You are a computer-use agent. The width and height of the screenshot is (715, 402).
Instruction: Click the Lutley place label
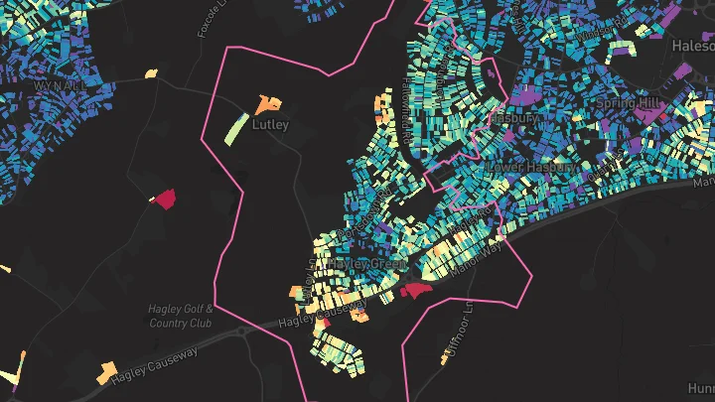click(x=270, y=125)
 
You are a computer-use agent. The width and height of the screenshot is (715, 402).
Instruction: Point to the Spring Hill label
click(x=629, y=103)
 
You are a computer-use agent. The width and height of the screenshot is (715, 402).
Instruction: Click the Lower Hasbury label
click(x=532, y=167)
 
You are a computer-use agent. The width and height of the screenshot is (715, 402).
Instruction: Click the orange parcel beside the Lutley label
click(x=266, y=103)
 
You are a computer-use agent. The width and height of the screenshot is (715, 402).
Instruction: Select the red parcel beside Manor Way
click(x=415, y=290)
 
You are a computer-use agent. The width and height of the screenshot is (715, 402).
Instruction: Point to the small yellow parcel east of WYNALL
click(x=151, y=72)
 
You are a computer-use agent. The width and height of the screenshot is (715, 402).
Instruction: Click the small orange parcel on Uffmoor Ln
click(x=440, y=359)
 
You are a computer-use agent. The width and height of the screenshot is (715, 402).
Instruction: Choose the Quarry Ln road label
click(x=596, y=169)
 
